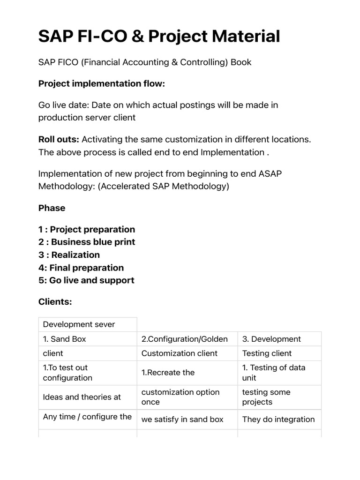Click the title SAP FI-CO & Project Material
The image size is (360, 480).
tap(159, 36)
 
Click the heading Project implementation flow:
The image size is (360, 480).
tap(102, 83)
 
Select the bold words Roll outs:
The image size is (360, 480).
tap(59, 139)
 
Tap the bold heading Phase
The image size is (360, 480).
tap(52, 208)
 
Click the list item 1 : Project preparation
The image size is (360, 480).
tap(87, 229)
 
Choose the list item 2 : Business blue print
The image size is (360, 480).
tap(87, 242)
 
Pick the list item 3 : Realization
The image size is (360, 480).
tap(69, 255)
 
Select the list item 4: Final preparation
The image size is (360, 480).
tap(81, 268)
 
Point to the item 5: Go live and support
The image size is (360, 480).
tap(86, 280)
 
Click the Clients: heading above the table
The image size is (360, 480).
tap(55, 302)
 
